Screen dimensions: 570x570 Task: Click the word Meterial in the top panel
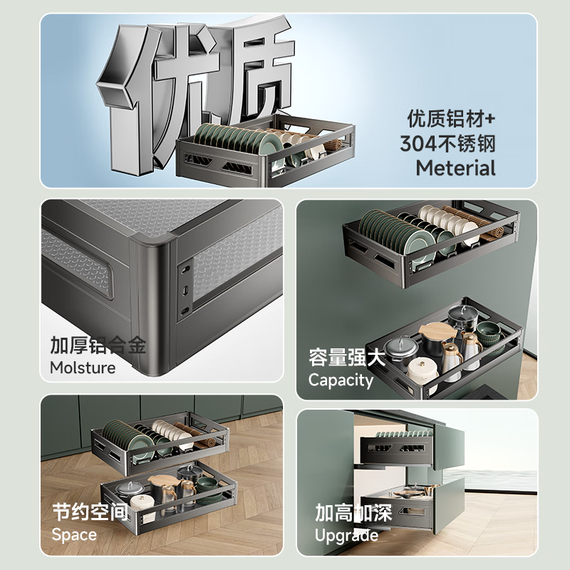[x=455, y=169]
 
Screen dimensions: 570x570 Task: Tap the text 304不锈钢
[x=447, y=143]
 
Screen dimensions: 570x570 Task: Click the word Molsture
[x=83, y=368]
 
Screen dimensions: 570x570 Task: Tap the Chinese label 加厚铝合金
[x=98, y=346]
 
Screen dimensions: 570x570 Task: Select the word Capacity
[x=341, y=380]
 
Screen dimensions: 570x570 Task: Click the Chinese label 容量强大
[x=347, y=357]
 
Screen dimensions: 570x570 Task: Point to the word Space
[x=73, y=534]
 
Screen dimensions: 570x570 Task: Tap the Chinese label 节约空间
[x=90, y=512]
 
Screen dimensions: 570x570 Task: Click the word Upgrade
[x=346, y=535]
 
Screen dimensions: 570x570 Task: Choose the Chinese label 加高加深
[x=353, y=513]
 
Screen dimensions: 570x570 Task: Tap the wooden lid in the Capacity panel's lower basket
[x=436, y=331]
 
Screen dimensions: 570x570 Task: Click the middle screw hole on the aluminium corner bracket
[x=185, y=290]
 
